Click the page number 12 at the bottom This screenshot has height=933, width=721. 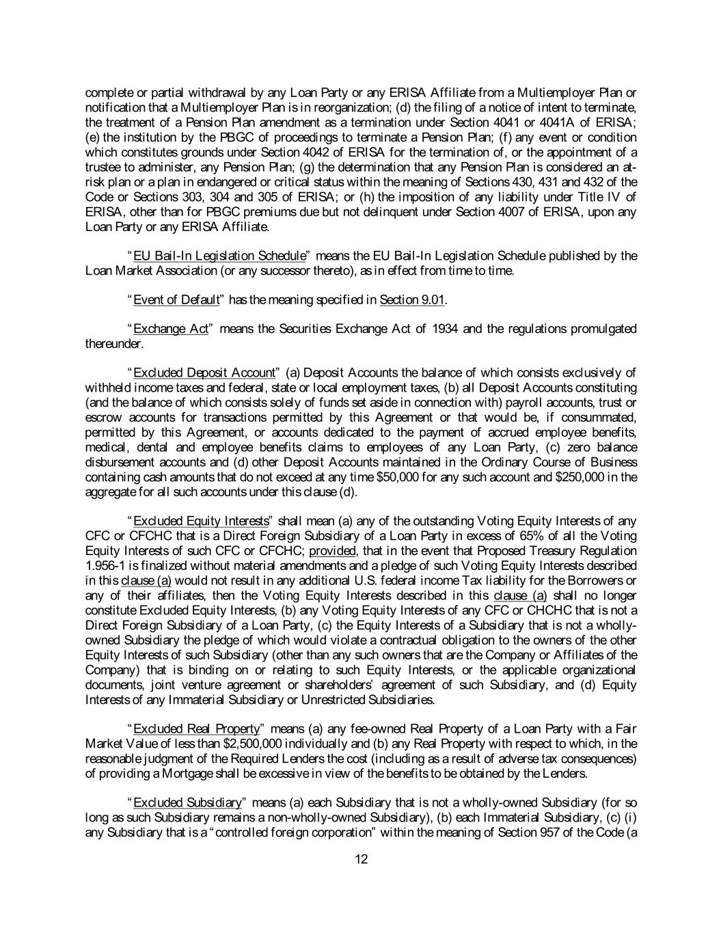(x=362, y=859)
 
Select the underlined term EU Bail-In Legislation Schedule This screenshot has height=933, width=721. (x=219, y=256)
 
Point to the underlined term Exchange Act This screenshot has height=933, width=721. (x=171, y=329)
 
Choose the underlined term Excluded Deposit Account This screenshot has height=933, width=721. (x=204, y=373)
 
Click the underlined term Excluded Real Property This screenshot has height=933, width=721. (x=197, y=729)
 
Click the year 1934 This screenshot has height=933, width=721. (x=446, y=329)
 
